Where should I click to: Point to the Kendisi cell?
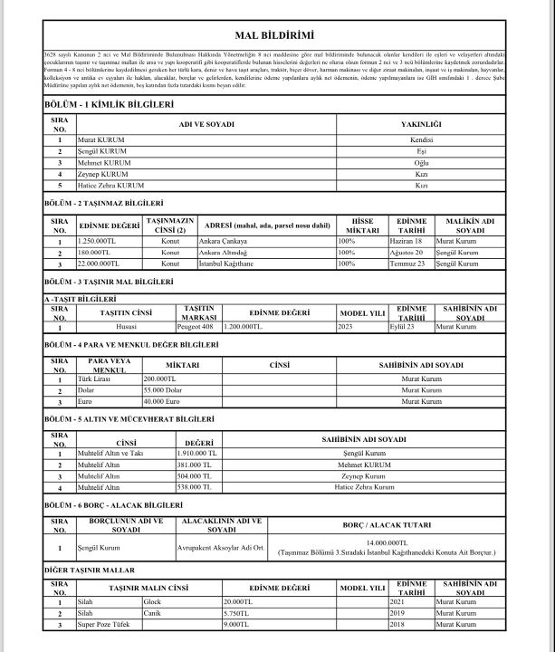(420, 140)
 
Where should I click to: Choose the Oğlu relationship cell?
(420, 162)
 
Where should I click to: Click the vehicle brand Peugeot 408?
(192, 325)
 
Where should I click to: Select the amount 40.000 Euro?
(162, 400)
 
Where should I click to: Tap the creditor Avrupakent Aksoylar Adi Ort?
(220, 547)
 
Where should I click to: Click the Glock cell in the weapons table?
(152, 601)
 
